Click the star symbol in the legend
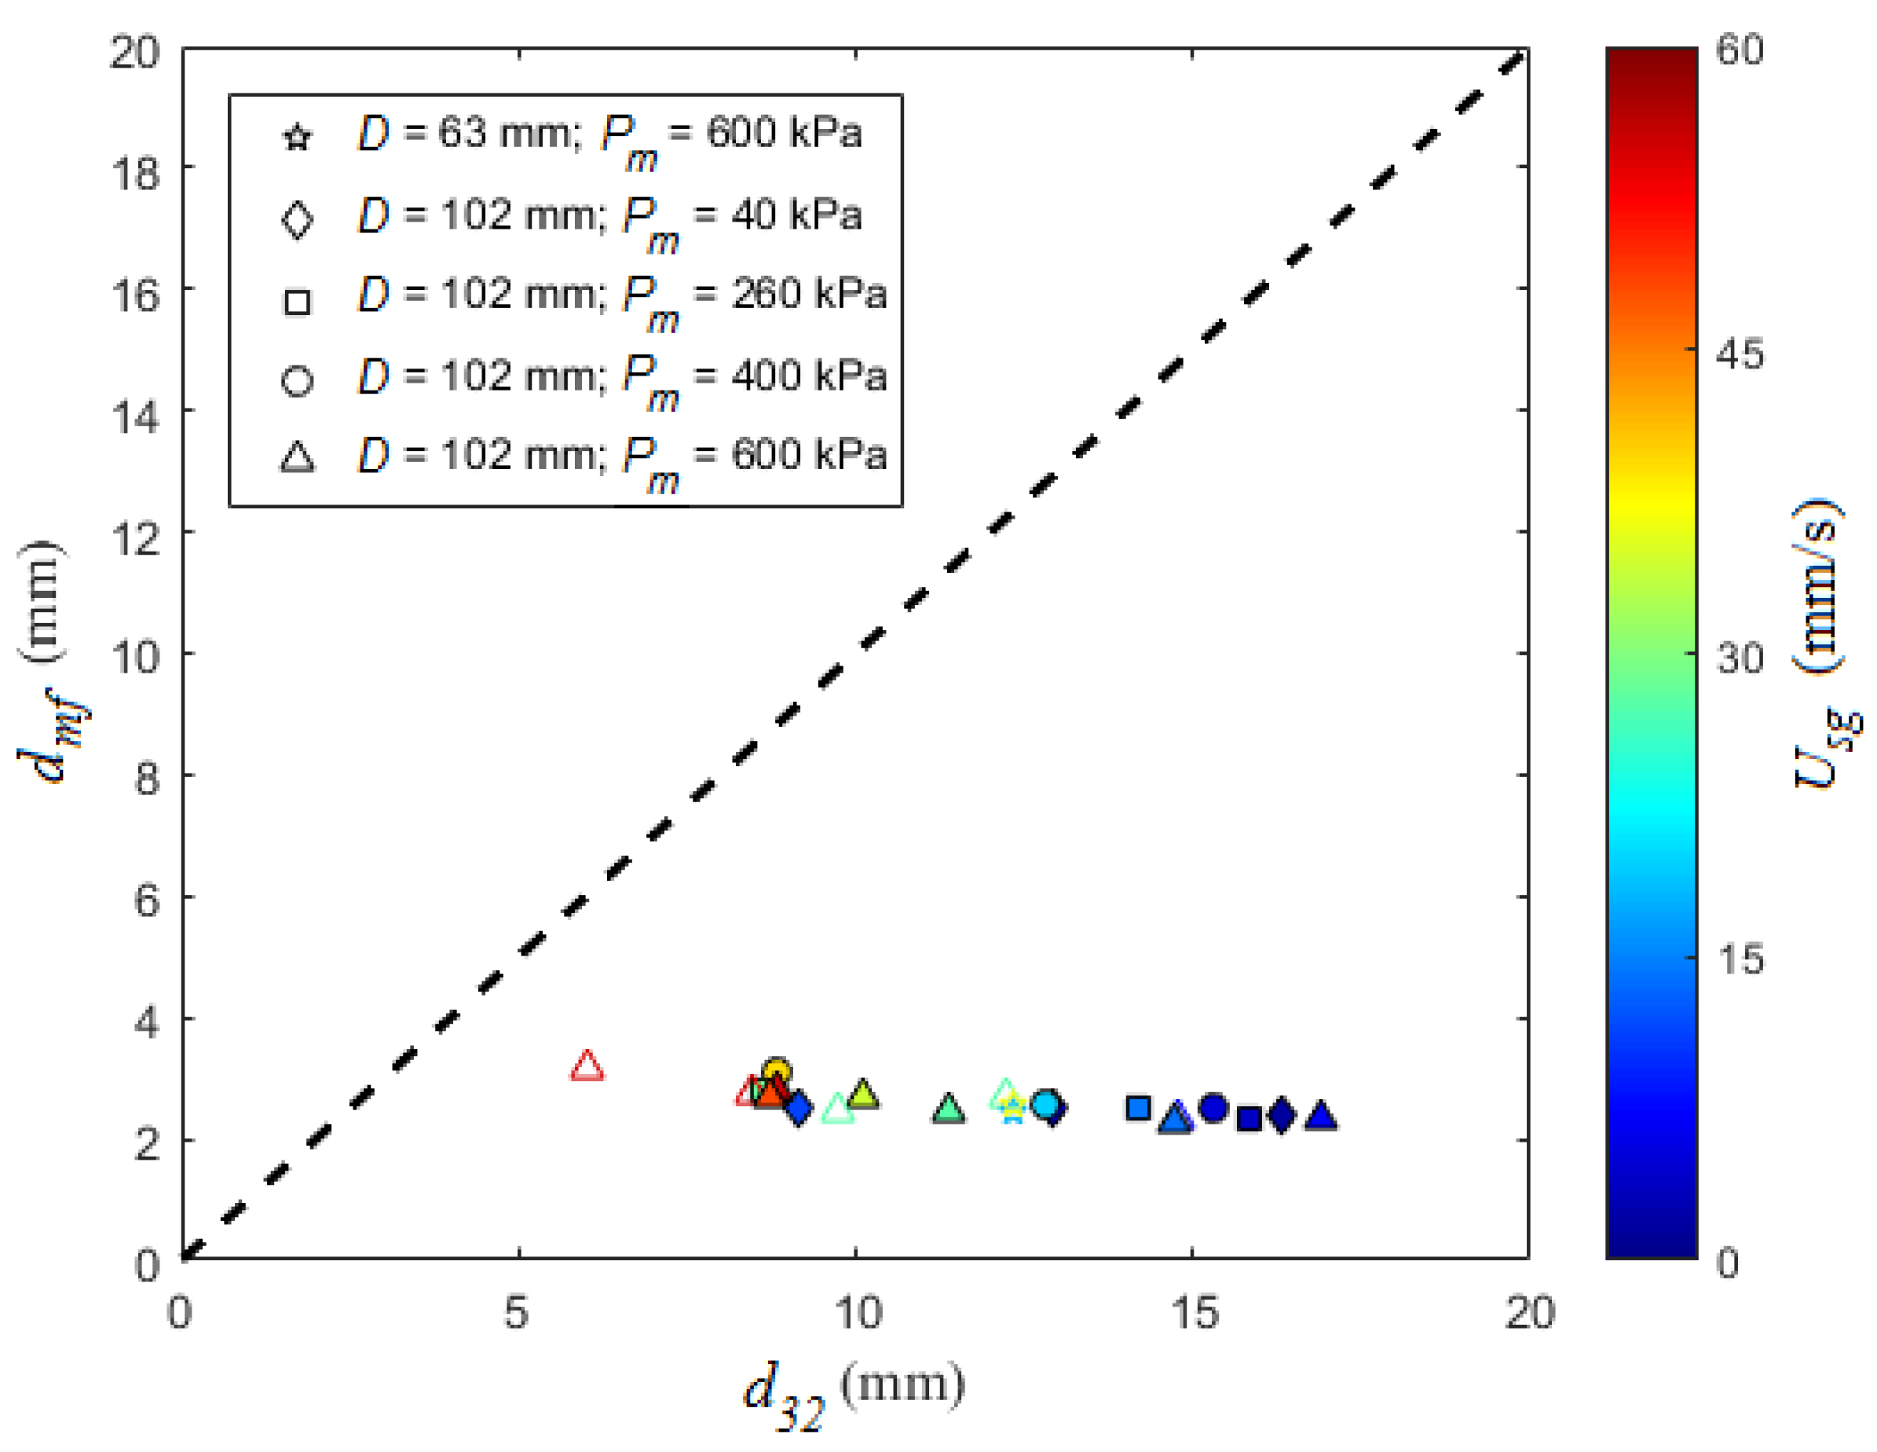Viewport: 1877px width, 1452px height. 298,137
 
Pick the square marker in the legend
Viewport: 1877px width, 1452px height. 298,302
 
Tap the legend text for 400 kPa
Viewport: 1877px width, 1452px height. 622,378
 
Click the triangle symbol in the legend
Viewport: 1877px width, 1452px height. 298,456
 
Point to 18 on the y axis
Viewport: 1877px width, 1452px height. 136,174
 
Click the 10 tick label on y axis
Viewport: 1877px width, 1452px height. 136,657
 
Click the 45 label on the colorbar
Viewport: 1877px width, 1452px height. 1740,354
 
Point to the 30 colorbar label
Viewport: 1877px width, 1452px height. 1740,657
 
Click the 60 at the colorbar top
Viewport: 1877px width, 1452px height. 1740,49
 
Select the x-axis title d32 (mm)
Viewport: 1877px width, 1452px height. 854,1389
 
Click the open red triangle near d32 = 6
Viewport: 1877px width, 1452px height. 587,1067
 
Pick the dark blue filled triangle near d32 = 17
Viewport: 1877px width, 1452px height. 1321,1116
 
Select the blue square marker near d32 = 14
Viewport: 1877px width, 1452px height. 1138,1107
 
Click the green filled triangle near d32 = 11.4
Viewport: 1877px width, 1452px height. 948,1109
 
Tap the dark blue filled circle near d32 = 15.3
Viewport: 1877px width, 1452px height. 1213,1107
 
